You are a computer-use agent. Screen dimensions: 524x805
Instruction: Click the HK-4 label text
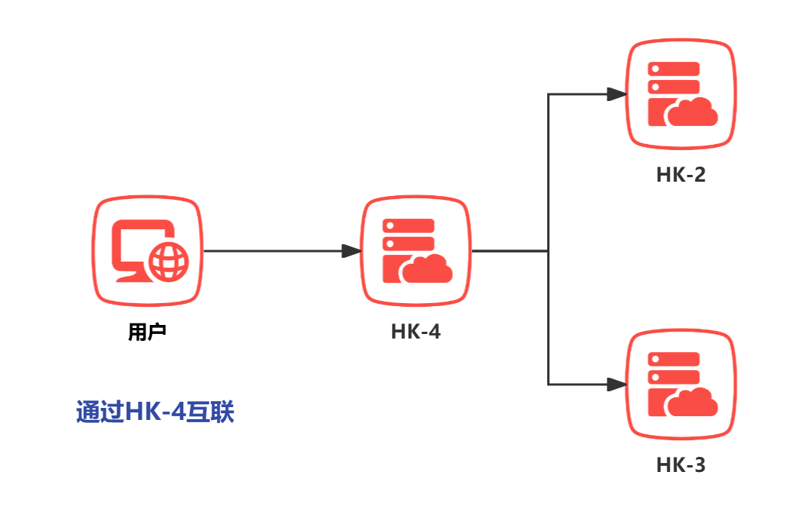coord(415,332)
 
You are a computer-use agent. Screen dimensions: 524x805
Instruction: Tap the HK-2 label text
coord(681,175)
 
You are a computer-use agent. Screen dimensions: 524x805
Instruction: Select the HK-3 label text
coord(681,465)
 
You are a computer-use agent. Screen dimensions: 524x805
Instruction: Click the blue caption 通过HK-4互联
coord(155,412)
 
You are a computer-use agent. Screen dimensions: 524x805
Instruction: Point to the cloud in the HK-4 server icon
coord(428,268)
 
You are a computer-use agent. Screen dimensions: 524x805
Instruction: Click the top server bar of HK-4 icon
coord(409,225)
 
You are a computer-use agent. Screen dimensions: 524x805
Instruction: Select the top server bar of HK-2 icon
coord(674,69)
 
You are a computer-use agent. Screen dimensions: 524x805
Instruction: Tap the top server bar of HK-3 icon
coord(674,360)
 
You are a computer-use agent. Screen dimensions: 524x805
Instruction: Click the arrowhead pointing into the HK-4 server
coord(351,251)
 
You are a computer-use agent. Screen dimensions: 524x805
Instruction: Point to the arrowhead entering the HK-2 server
coord(617,94)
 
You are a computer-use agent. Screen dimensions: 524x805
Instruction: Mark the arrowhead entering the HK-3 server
coord(617,385)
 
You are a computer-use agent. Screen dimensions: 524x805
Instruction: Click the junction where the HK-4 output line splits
coord(548,251)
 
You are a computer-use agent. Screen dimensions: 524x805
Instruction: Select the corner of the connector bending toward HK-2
coord(548,94)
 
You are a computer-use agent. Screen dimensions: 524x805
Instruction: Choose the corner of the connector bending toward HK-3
coord(548,385)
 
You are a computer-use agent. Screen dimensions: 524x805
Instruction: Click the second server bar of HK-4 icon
coord(409,244)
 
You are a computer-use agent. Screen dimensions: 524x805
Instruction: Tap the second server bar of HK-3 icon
coord(674,377)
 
